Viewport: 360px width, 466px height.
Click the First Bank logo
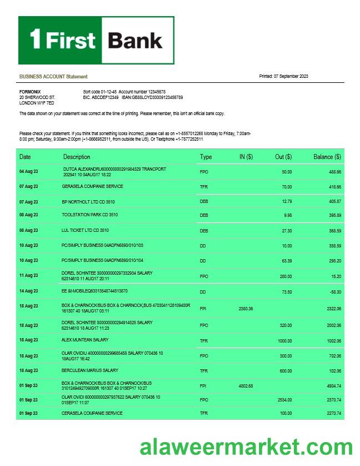[96, 40]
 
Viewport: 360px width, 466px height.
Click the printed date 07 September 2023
[283, 76]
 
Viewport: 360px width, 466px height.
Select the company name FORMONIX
[29, 91]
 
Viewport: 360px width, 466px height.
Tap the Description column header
[77, 157]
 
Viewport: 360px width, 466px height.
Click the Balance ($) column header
[327, 157]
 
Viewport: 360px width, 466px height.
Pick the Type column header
[206, 157]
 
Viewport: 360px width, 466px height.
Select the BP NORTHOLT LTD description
[88, 202]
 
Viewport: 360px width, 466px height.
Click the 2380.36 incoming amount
[246, 308]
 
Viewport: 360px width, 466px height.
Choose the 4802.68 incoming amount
[246, 385]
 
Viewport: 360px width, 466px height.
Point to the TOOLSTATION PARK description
[89, 215]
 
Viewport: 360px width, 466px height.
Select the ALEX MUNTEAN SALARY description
[85, 340]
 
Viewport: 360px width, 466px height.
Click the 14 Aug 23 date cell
[28, 291]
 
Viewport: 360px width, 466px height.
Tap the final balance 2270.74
[334, 414]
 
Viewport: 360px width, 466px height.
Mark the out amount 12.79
[287, 201]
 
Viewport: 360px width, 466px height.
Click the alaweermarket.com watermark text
[246, 447]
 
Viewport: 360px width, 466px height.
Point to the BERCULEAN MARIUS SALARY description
[89, 370]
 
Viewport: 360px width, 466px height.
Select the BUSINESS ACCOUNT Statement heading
[53, 76]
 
